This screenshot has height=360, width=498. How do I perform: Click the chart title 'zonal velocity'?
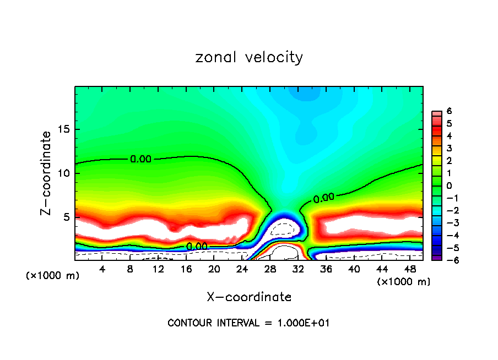pos(249,57)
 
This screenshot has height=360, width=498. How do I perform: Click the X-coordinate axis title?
pos(249,297)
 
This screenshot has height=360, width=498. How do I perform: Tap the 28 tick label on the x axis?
pos(270,269)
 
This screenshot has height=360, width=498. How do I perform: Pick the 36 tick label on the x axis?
pos(326,269)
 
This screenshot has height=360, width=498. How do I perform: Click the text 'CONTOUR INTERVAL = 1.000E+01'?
pos(248,323)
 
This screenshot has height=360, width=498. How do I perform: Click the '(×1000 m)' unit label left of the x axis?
pos(53,276)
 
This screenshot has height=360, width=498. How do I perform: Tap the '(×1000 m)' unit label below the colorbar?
pos(403,282)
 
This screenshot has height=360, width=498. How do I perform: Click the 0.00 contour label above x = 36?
pos(324,198)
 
